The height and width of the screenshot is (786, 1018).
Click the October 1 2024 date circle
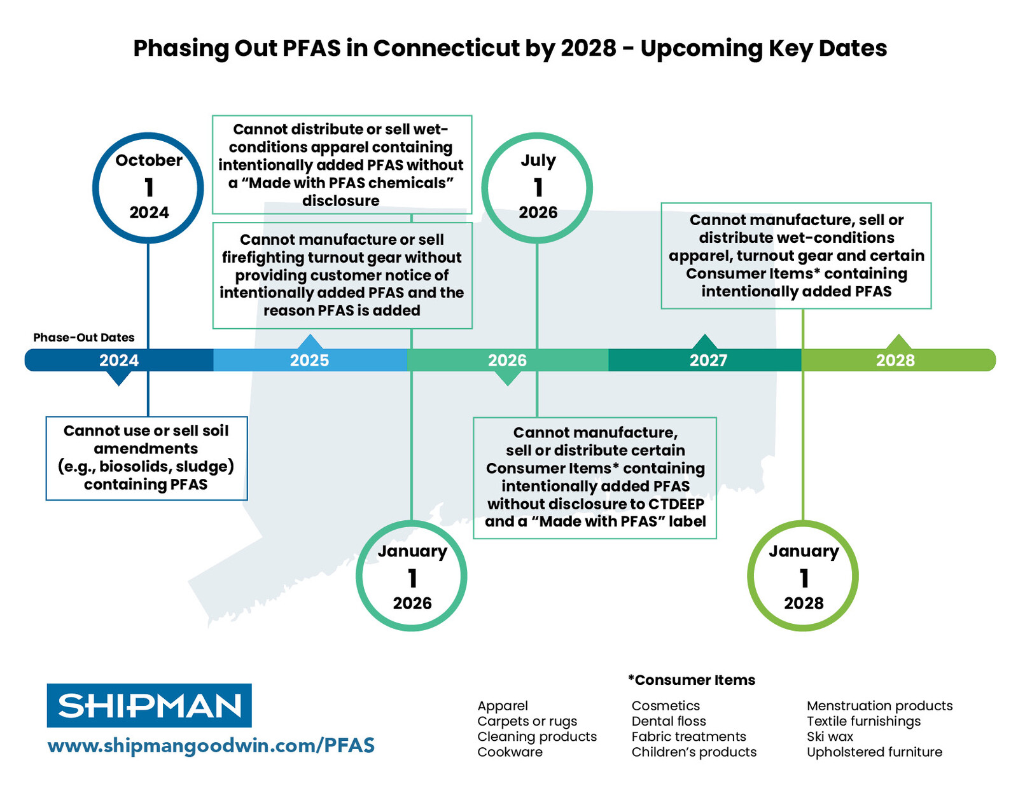click(x=148, y=188)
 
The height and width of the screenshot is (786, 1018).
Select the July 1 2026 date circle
click(x=538, y=188)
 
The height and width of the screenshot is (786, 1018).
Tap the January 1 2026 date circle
click(x=412, y=576)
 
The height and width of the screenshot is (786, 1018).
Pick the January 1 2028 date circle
click(x=803, y=576)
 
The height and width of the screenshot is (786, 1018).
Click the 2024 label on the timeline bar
click(x=119, y=361)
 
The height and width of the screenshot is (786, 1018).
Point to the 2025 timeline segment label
click(x=309, y=361)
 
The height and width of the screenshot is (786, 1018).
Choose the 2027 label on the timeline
click(x=708, y=361)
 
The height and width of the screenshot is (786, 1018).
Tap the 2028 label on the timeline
click(x=895, y=361)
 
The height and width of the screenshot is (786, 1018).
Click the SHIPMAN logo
click(x=150, y=706)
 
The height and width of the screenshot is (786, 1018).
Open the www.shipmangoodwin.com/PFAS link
click(x=211, y=745)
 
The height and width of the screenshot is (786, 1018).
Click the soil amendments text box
click(x=146, y=458)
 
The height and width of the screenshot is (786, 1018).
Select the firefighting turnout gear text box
click(x=342, y=275)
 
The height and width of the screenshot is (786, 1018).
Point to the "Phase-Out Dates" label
click(x=84, y=338)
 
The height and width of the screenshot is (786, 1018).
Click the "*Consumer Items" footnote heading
click(x=692, y=680)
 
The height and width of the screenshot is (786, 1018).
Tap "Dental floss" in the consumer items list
click(x=669, y=721)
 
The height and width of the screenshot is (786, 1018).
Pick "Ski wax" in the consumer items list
click(x=830, y=736)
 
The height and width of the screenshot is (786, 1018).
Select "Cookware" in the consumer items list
click(x=510, y=752)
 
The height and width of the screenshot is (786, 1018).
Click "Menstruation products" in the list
click(x=879, y=706)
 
